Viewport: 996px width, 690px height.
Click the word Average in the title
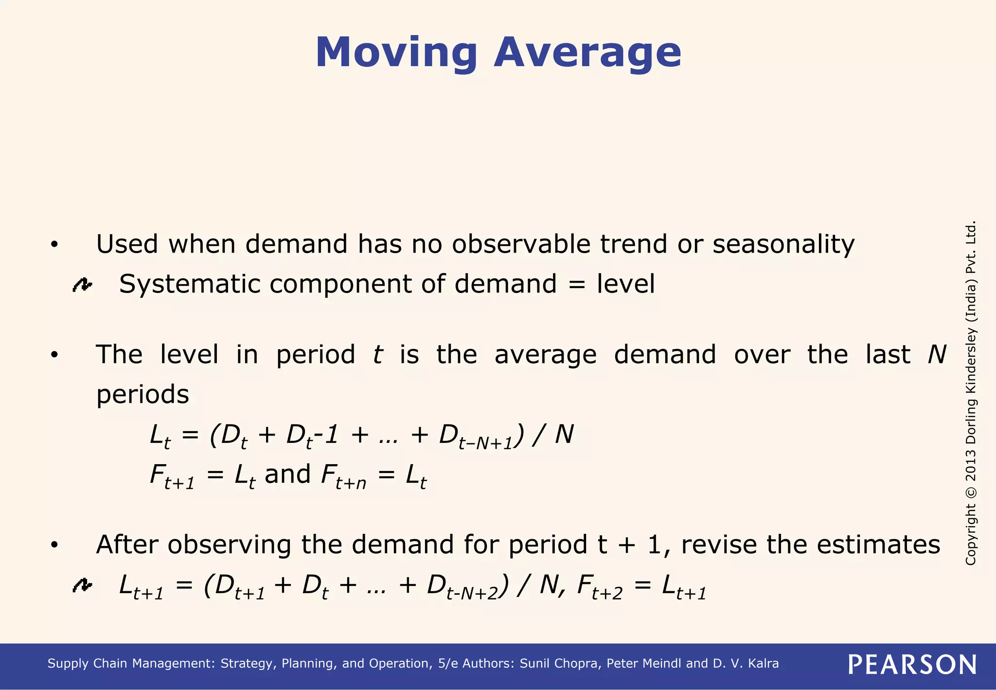587,53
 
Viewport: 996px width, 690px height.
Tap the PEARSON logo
912,664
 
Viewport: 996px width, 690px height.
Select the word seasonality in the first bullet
783,244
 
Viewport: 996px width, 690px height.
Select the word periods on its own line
142,395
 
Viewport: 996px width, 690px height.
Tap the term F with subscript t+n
343,476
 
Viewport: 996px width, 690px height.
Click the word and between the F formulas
287,474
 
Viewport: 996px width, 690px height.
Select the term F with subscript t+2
599,587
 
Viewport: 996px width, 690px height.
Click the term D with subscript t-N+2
462,587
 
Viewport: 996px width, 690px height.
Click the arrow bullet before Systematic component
82,285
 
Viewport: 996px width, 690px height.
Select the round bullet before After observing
54,545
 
